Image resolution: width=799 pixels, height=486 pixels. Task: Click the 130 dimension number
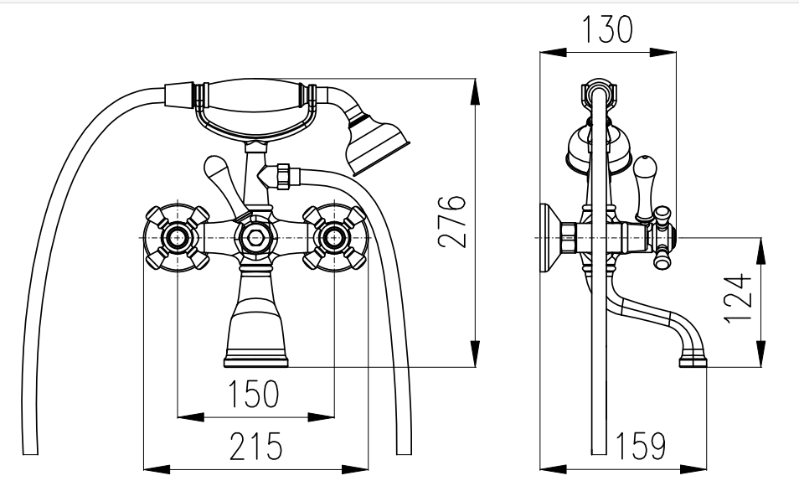click(607, 29)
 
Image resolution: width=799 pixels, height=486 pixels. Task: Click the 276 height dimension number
click(452, 221)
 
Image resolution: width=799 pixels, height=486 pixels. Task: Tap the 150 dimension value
click(253, 394)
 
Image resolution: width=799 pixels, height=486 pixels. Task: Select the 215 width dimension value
click(255, 446)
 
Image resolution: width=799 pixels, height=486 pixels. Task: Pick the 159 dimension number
click(641, 446)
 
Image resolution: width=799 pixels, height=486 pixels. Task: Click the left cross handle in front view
click(177, 238)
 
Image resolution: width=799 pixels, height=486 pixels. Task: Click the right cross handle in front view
click(334, 238)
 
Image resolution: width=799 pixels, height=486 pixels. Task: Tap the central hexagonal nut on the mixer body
click(255, 237)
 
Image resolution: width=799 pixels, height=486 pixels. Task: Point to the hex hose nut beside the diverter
click(283, 176)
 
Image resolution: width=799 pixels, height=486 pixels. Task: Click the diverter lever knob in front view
click(215, 168)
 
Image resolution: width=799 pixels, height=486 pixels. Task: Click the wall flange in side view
click(549, 238)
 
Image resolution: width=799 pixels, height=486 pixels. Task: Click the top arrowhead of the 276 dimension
click(474, 92)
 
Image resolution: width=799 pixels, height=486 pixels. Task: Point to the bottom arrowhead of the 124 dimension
click(760, 353)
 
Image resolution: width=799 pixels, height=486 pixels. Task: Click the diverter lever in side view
click(643, 187)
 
